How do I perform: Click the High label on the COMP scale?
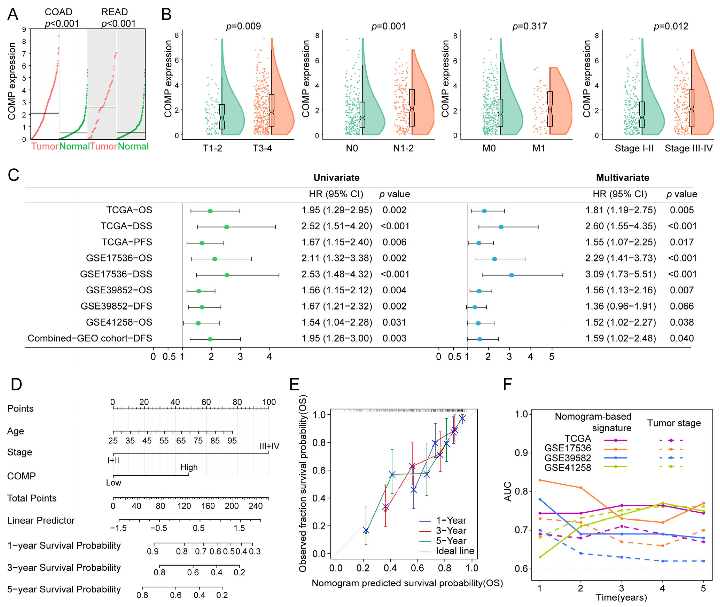[189, 467]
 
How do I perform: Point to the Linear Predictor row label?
[41, 520]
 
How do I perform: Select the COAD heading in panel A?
[58, 12]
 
